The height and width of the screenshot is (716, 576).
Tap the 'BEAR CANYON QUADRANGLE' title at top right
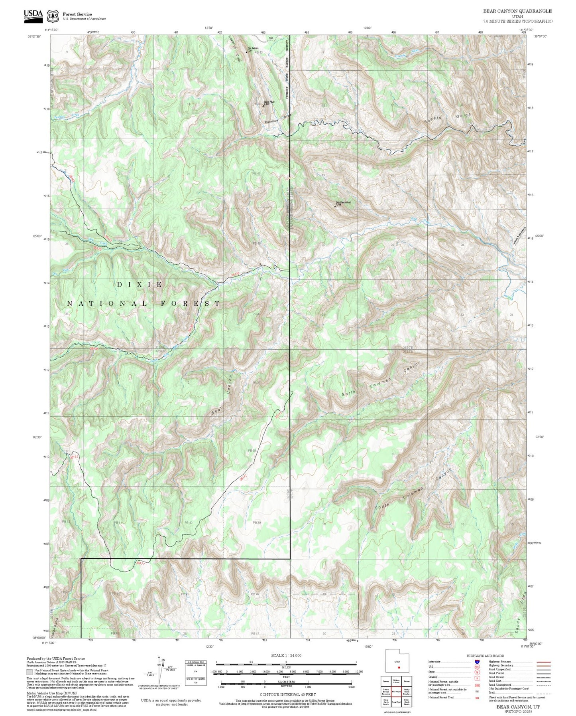coord(517,11)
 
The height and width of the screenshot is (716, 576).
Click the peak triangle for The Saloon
coord(246,52)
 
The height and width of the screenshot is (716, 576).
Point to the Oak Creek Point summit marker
coord(335,206)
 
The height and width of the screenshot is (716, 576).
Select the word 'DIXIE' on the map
coord(140,285)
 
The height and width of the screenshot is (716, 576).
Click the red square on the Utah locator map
coord(398,667)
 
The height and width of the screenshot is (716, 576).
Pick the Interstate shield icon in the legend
coord(478,661)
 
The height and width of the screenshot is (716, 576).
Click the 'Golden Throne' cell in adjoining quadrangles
coord(396,682)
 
